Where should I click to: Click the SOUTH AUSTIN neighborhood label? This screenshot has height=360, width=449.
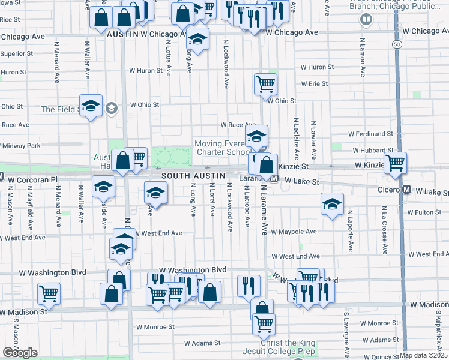pyautogui.click(x=193, y=175)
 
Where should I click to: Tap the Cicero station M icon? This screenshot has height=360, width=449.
pyautogui.click(x=406, y=190)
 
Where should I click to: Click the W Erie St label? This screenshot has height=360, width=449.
pyautogui.click(x=315, y=84)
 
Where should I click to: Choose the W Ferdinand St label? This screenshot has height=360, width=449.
pyautogui.click(x=372, y=134)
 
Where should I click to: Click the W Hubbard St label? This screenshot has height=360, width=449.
pyautogui.click(x=372, y=151)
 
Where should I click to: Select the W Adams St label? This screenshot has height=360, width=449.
pyautogui.click(x=203, y=344)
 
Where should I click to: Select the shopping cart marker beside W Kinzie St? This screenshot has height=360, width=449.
pyautogui.click(x=395, y=162)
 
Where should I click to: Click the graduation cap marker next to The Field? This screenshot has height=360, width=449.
pyautogui.click(x=91, y=106)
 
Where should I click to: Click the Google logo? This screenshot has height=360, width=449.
pyautogui.click(x=20, y=353)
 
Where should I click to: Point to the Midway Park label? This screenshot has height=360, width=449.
pyautogui.click(x=21, y=146)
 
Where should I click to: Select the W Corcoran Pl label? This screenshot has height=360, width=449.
pyautogui.click(x=32, y=179)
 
